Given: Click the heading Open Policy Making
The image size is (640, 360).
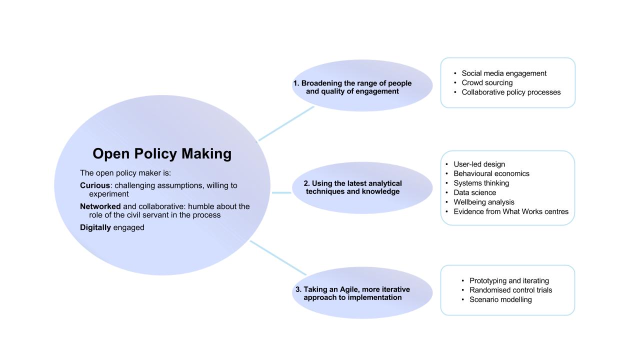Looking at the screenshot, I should [x=162, y=153].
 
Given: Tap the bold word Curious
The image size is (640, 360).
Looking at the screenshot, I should [x=95, y=185].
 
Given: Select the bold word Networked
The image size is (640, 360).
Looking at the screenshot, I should [x=100, y=206].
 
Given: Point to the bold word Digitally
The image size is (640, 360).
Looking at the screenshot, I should [x=95, y=227].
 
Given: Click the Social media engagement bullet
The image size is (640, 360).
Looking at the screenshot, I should [x=503, y=73].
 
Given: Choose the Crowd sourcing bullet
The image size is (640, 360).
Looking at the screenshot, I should [x=486, y=83].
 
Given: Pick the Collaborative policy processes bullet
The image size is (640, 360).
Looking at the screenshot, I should [x=510, y=92].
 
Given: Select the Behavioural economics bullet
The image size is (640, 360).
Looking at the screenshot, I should [x=491, y=174].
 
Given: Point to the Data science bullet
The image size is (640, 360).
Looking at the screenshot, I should [x=474, y=193].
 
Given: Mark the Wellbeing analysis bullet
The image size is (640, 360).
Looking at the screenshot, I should [x=483, y=202].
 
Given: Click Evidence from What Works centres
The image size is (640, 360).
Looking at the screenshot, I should [x=510, y=212].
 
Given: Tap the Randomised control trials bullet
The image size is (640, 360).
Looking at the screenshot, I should [x=510, y=290].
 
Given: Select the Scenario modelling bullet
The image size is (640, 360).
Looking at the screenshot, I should [x=500, y=300].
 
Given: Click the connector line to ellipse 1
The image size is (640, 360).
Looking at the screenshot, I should [x=286, y=123].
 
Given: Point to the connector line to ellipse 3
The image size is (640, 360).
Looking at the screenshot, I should [x=278, y=257].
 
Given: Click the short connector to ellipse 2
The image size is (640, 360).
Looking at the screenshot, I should [x=281, y=192].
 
